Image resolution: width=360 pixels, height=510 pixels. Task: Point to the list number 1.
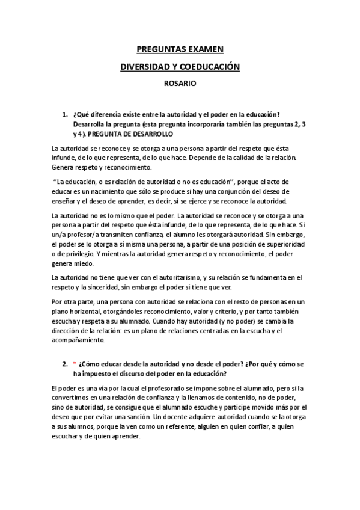click(x=64, y=114)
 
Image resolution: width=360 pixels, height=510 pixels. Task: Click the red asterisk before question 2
click(x=74, y=364)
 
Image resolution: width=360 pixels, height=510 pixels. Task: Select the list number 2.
click(x=64, y=364)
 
